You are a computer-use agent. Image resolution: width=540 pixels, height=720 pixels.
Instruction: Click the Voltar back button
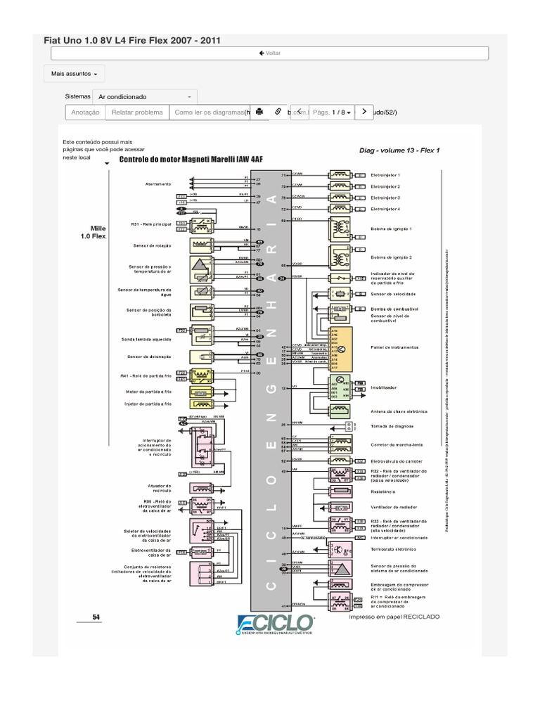pyautogui.click(x=269, y=53)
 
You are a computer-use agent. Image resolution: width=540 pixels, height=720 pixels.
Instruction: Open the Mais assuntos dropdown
pyautogui.click(x=75, y=73)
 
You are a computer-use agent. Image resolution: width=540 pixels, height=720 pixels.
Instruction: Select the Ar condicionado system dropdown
pyautogui.click(x=145, y=96)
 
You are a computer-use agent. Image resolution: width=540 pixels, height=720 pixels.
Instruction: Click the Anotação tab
pyautogui.click(x=85, y=112)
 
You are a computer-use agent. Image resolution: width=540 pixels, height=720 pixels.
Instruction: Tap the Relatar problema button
pyautogui.click(x=137, y=112)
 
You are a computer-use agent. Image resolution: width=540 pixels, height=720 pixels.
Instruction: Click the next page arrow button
pyautogui.click(x=364, y=111)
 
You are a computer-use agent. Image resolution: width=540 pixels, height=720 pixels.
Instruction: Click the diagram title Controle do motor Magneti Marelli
pyautogui.click(x=191, y=160)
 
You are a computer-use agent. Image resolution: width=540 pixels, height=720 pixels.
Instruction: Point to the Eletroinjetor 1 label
pyautogui.click(x=385, y=174)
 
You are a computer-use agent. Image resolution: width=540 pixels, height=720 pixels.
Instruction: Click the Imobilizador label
pyautogui.click(x=384, y=387)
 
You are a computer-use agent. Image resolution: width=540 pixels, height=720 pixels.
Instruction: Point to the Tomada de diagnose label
pyautogui.click(x=392, y=426)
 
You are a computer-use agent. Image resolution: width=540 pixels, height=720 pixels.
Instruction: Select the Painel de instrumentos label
pyautogui.click(x=394, y=347)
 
